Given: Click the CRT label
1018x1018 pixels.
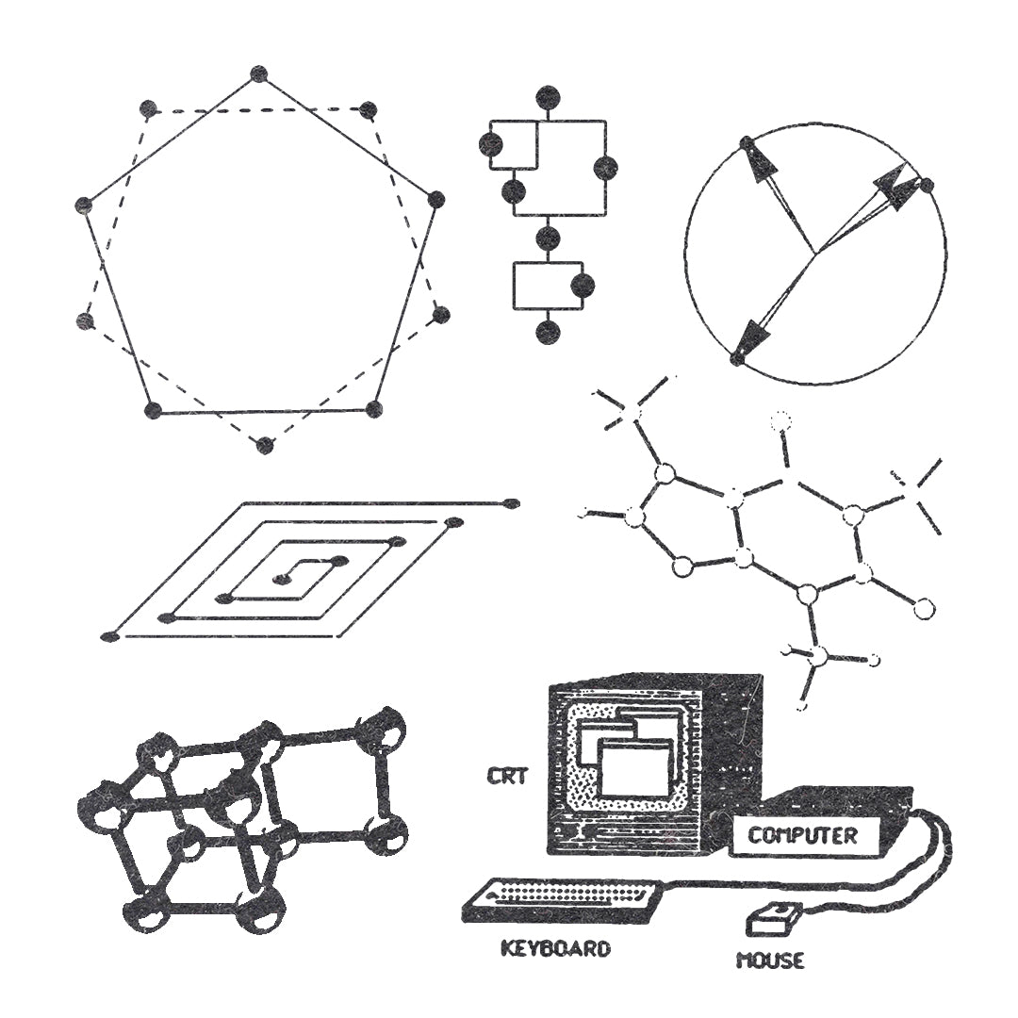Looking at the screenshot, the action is point(508,776).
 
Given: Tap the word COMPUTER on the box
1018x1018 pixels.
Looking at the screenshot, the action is point(802,835).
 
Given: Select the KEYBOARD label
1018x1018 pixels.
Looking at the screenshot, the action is point(556,948).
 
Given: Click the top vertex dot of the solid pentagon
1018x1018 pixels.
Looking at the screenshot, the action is point(259,74).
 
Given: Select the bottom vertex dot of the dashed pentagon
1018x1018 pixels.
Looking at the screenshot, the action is point(265,445).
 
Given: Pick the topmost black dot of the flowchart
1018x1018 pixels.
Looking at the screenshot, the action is point(548,98).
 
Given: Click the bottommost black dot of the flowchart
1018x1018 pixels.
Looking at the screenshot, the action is point(548,332).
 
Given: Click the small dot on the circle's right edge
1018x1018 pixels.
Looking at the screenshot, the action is point(928,187).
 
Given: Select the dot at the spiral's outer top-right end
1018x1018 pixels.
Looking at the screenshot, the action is point(512,502).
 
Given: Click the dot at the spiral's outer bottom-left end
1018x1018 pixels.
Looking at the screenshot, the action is point(110,636).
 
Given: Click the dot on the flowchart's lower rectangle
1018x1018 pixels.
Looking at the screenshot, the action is point(583,285).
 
